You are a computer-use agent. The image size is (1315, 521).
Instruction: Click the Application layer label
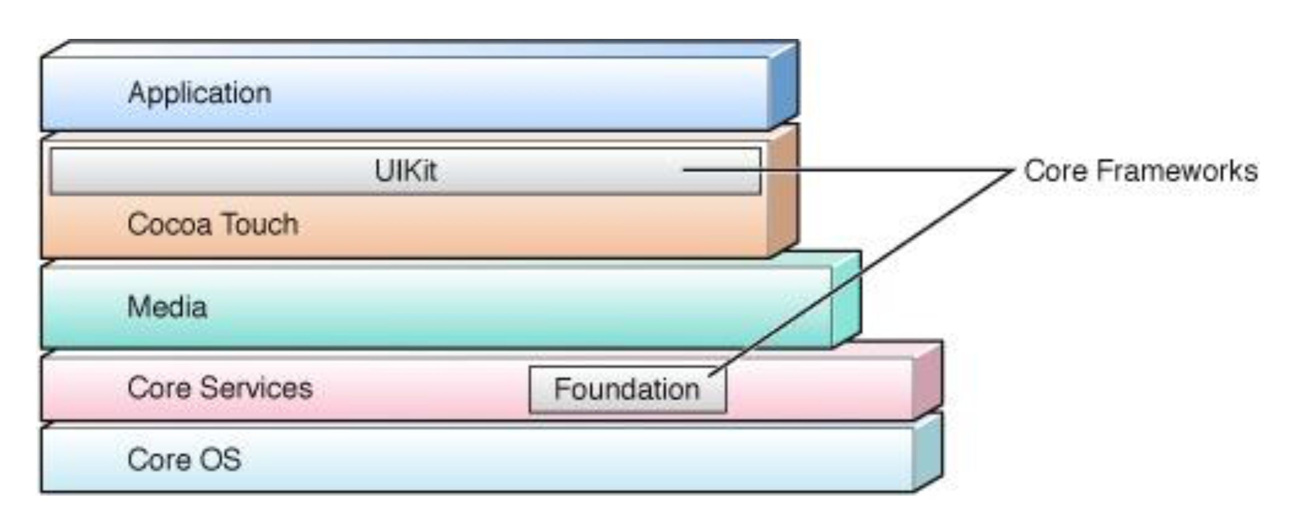click(x=200, y=93)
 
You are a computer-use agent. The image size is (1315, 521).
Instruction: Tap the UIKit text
click(x=405, y=171)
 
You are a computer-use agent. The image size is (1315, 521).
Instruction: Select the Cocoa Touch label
click(x=212, y=224)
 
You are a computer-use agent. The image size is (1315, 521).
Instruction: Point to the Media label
click(x=167, y=307)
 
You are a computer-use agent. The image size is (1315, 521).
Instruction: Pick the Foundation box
click(x=628, y=390)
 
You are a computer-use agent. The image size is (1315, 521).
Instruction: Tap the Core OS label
click(x=184, y=459)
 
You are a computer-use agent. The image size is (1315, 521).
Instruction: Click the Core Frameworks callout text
click(x=1140, y=171)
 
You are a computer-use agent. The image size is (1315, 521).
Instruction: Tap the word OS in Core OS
click(x=220, y=459)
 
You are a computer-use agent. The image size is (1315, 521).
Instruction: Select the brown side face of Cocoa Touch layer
click(x=783, y=192)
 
